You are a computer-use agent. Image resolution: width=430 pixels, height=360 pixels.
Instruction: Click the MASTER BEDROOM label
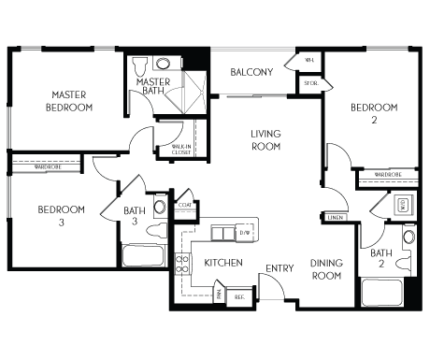point(69,101)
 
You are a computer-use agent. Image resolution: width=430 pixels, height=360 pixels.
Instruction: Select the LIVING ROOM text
point(266,140)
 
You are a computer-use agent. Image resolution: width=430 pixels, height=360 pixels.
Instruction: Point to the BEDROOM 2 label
point(374,114)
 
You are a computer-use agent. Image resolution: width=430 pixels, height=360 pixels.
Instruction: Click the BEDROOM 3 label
point(62,215)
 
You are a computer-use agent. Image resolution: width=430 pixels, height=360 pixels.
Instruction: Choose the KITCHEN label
point(223,263)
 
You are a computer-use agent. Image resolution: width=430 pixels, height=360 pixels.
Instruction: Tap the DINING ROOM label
point(326,270)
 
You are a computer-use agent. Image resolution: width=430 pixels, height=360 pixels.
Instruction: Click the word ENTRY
point(279,268)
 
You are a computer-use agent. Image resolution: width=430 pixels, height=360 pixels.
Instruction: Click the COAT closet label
point(184,204)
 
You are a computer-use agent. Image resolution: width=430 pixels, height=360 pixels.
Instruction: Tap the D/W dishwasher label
point(246,232)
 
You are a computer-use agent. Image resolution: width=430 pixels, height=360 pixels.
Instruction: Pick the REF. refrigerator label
point(239,296)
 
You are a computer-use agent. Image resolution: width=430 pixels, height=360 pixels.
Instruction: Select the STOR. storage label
point(310,84)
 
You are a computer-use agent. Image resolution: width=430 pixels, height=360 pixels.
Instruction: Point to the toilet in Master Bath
point(140,65)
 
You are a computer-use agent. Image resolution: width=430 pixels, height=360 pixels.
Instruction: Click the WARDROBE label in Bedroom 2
point(388,175)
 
